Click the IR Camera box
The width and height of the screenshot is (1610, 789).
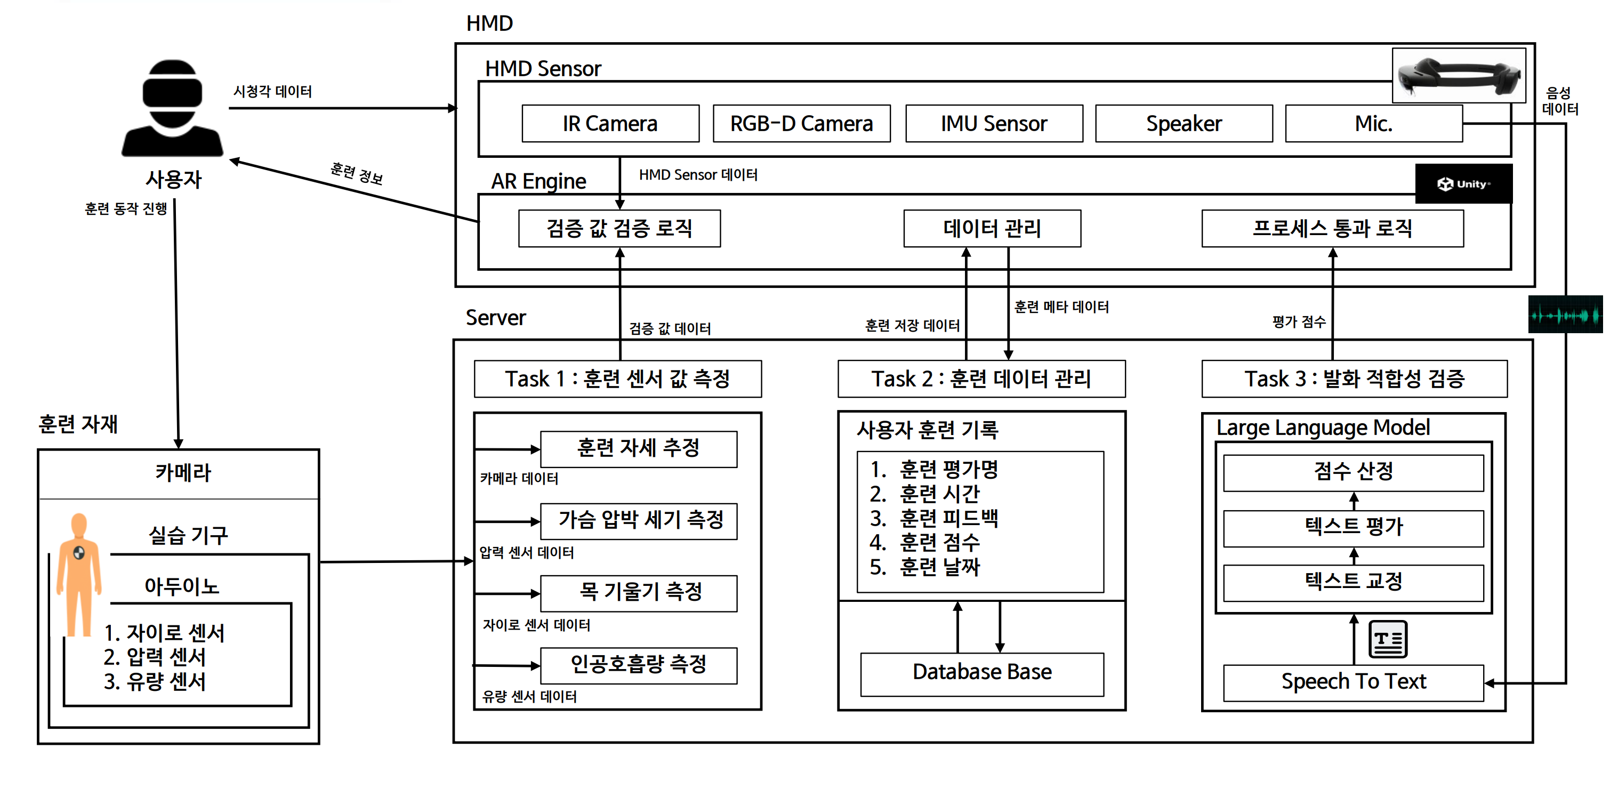pyautogui.click(x=610, y=124)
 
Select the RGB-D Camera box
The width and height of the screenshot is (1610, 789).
pyautogui.click(x=801, y=124)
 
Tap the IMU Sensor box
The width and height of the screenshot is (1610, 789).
pyautogui.click(x=994, y=124)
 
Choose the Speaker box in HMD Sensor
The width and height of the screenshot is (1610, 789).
pyautogui.click(x=1184, y=124)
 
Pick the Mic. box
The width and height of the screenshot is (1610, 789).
pyautogui.click(x=1373, y=124)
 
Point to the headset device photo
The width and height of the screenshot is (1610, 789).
pyautogui.click(x=1459, y=76)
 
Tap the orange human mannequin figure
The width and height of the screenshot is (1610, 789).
pyautogui.click(x=79, y=572)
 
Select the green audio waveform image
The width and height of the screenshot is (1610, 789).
pyautogui.click(x=1565, y=315)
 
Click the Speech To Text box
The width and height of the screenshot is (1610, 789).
pyautogui.click(x=1353, y=682)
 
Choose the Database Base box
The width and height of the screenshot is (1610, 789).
pyautogui.click(x=982, y=673)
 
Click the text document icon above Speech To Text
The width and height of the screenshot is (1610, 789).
pyautogui.click(x=1388, y=639)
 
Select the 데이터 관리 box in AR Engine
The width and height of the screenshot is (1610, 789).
pyautogui.click(x=992, y=229)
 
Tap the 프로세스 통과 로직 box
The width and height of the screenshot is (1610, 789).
pyautogui.click(x=1332, y=229)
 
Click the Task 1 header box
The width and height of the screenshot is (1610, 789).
pyautogui.click(x=617, y=379)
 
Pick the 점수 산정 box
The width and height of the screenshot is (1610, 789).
pyautogui.click(x=1353, y=472)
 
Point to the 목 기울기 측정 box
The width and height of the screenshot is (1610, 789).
pyautogui.click(x=639, y=593)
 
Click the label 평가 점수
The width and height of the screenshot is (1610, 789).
pyautogui.click(x=1299, y=322)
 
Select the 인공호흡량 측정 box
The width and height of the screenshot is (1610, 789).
pyautogui.click(x=639, y=665)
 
